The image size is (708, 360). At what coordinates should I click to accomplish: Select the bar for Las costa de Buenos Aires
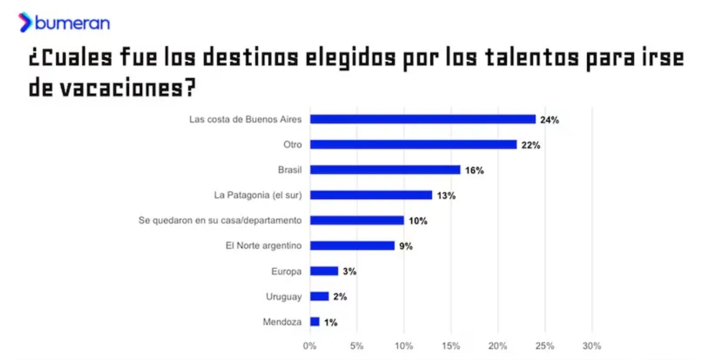coord(422,119)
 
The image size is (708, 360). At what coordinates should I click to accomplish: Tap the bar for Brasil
coord(385,170)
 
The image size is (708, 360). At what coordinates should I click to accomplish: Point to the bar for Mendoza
coord(315,321)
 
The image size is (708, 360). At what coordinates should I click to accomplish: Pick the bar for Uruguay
coord(319,296)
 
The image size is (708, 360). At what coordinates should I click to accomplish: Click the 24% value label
coord(549,120)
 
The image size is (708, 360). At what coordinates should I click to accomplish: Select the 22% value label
coord(530,145)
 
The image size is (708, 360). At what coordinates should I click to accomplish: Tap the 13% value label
coord(446,196)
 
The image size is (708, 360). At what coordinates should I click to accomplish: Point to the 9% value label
coord(405,246)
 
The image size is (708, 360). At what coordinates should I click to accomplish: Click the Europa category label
coord(286,271)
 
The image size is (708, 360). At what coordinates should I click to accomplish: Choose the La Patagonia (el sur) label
coord(258,195)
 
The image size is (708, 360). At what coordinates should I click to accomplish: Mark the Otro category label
coord(292,145)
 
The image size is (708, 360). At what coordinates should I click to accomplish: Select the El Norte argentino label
coord(263,246)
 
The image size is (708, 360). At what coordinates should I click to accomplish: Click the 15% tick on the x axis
coord(451,346)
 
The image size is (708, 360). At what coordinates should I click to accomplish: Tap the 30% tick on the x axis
coord(591,346)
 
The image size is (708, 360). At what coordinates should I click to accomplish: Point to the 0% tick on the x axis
coord(310,346)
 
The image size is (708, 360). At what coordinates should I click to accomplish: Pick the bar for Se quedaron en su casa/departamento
coord(357,220)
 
